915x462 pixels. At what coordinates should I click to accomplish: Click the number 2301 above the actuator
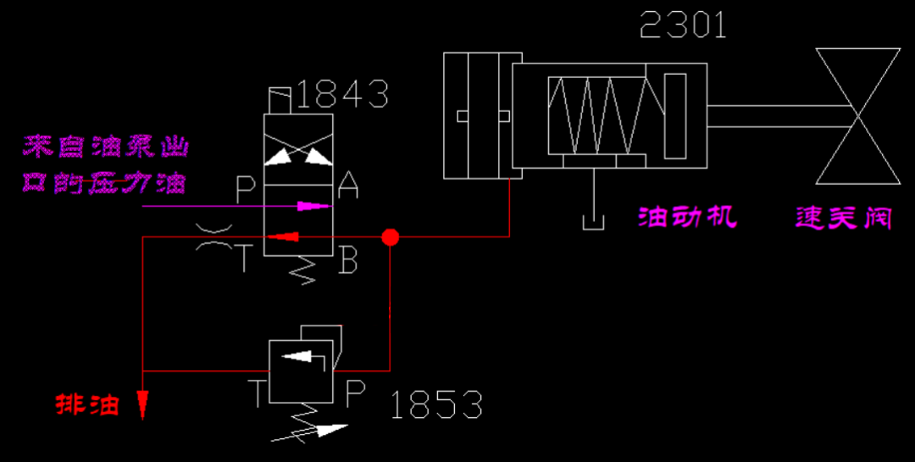683,25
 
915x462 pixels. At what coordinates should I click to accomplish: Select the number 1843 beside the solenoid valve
343,94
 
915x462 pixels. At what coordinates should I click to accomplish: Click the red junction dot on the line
390,237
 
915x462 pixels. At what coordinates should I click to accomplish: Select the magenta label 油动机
686,218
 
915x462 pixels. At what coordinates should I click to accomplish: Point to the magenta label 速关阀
844,218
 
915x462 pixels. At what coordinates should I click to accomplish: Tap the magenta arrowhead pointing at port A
315,205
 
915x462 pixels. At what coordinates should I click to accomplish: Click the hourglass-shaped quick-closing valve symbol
856,115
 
